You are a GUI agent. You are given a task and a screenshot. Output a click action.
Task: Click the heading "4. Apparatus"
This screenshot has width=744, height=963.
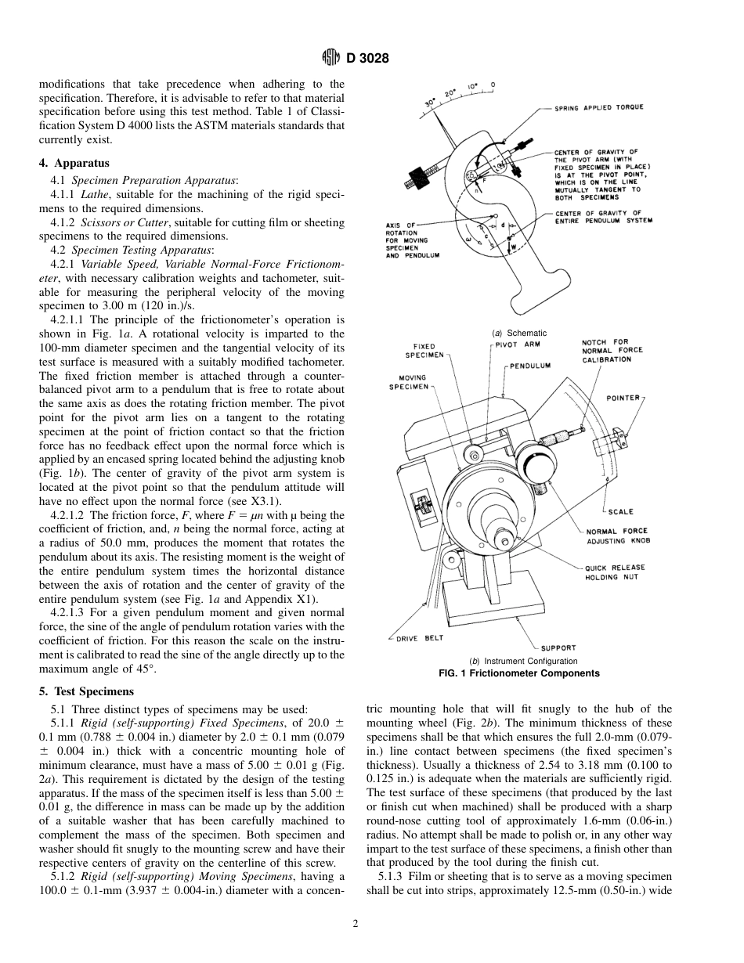74,164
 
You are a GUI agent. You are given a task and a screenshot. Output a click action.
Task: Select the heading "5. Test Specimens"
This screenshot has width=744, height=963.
86,691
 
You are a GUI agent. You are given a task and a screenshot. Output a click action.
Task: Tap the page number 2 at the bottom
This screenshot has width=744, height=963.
355,924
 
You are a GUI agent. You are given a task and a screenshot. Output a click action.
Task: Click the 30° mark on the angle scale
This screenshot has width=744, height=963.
429,103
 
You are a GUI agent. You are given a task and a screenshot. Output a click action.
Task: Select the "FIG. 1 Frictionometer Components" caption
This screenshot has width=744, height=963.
518,673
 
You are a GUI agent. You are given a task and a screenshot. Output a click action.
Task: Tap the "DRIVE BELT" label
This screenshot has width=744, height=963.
419,638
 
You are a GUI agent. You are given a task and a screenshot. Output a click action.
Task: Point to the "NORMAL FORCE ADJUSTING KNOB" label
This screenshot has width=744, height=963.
619,536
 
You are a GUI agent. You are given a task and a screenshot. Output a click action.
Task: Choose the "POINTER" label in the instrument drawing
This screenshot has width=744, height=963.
623,398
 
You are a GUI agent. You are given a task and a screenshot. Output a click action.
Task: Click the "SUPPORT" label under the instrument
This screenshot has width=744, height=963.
558,647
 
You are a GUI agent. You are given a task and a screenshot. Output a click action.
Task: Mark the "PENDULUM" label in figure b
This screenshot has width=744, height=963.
530,366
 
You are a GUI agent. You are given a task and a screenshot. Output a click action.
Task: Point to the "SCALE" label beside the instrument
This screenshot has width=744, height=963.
620,512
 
